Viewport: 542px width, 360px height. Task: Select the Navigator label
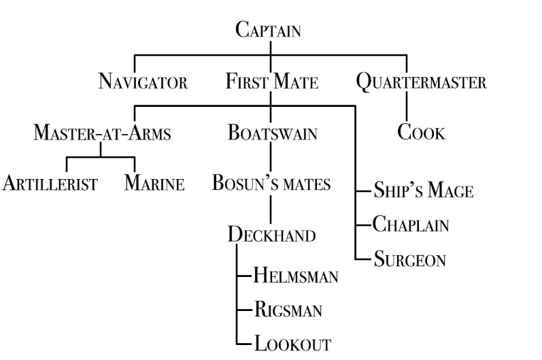click(143, 83)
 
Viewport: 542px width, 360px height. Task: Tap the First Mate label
click(272, 83)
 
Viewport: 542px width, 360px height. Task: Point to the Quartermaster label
click(422, 83)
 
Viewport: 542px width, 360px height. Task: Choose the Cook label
click(421, 132)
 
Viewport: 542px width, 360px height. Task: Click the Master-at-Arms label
click(102, 133)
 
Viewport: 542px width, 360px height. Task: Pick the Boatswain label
click(272, 133)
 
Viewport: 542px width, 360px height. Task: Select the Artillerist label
click(52, 184)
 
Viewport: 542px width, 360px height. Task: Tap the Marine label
click(154, 184)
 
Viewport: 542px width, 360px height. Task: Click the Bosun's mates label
click(271, 184)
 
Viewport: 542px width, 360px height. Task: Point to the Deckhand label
click(271, 235)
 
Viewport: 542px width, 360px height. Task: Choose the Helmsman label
click(295, 276)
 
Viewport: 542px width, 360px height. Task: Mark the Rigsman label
click(288, 310)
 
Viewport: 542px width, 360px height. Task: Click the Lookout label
click(292, 344)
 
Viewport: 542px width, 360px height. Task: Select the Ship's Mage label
click(422, 191)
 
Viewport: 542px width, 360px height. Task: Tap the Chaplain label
click(411, 225)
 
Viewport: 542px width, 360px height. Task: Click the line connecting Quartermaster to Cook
click(407, 108)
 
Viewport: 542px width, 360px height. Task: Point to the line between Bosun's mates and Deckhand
click(271, 209)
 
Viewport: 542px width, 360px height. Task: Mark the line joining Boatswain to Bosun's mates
click(271, 159)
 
